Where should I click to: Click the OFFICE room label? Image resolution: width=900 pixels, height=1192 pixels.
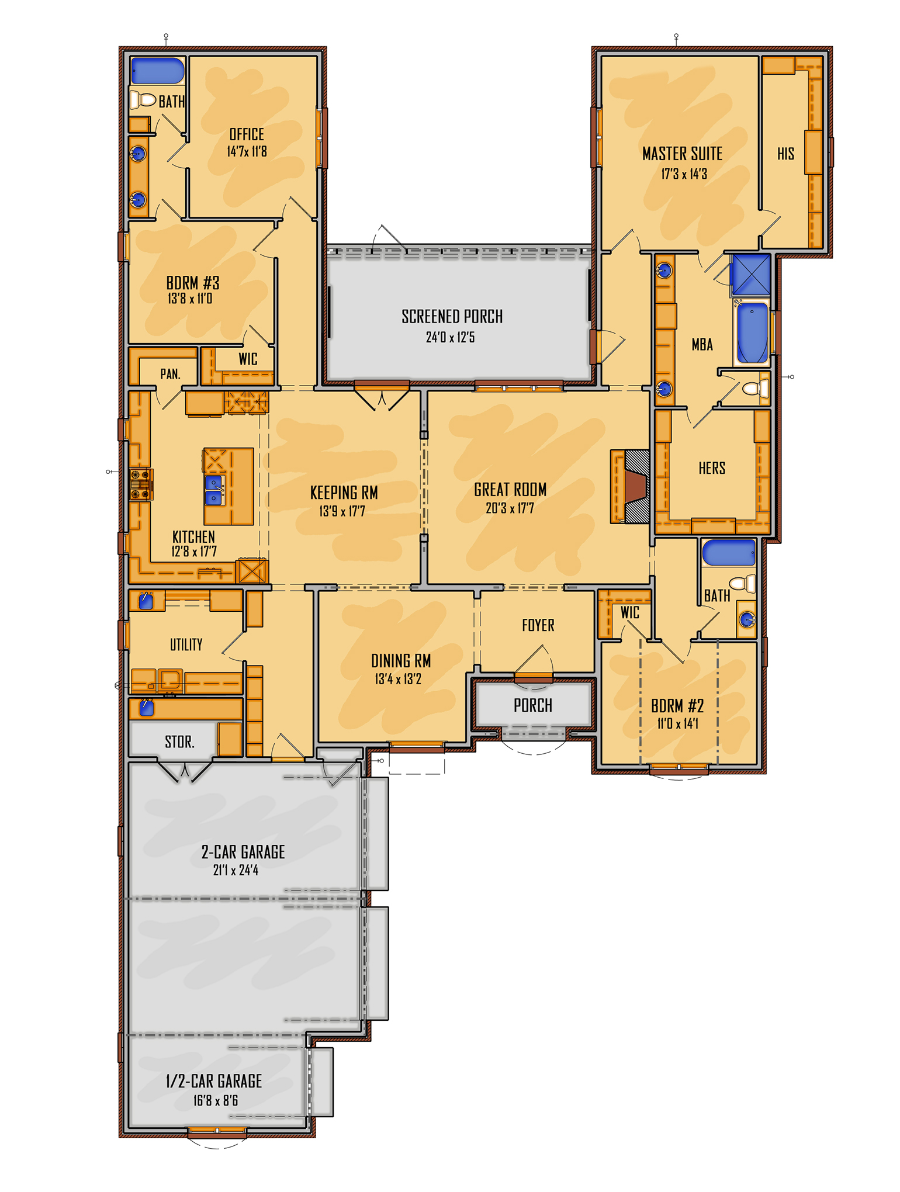click(x=247, y=134)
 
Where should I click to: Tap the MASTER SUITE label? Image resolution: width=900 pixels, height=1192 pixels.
click(x=682, y=154)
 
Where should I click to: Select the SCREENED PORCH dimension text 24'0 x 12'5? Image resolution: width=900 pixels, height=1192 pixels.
click(x=450, y=337)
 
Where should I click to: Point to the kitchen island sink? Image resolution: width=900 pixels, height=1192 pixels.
click(x=214, y=490)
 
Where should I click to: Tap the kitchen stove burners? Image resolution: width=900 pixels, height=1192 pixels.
click(x=141, y=484)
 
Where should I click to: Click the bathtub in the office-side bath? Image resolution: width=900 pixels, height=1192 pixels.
click(x=158, y=71)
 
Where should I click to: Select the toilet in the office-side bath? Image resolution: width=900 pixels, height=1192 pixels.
click(x=143, y=99)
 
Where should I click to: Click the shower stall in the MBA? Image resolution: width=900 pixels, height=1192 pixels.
click(x=751, y=274)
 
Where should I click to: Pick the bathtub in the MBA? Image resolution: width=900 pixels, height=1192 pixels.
click(x=752, y=332)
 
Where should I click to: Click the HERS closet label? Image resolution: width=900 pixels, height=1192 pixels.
click(x=712, y=468)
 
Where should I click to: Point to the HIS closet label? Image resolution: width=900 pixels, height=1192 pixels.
click(x=785, y=154)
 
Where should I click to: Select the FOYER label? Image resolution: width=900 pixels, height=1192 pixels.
click(x=538, y=625)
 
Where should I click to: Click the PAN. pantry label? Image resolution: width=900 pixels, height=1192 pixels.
click(x=170, y=374)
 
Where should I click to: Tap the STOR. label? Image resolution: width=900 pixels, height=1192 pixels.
click(x=179, y=742)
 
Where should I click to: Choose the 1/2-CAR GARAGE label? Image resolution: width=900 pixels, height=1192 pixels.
click(x=214, y=1081)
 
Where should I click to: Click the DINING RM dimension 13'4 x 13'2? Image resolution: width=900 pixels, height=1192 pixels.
click(x=398, y=679)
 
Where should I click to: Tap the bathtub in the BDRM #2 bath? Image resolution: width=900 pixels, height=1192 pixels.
click(x=728, y=553)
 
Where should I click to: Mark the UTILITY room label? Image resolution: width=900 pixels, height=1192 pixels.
click(x=186, y=644)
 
